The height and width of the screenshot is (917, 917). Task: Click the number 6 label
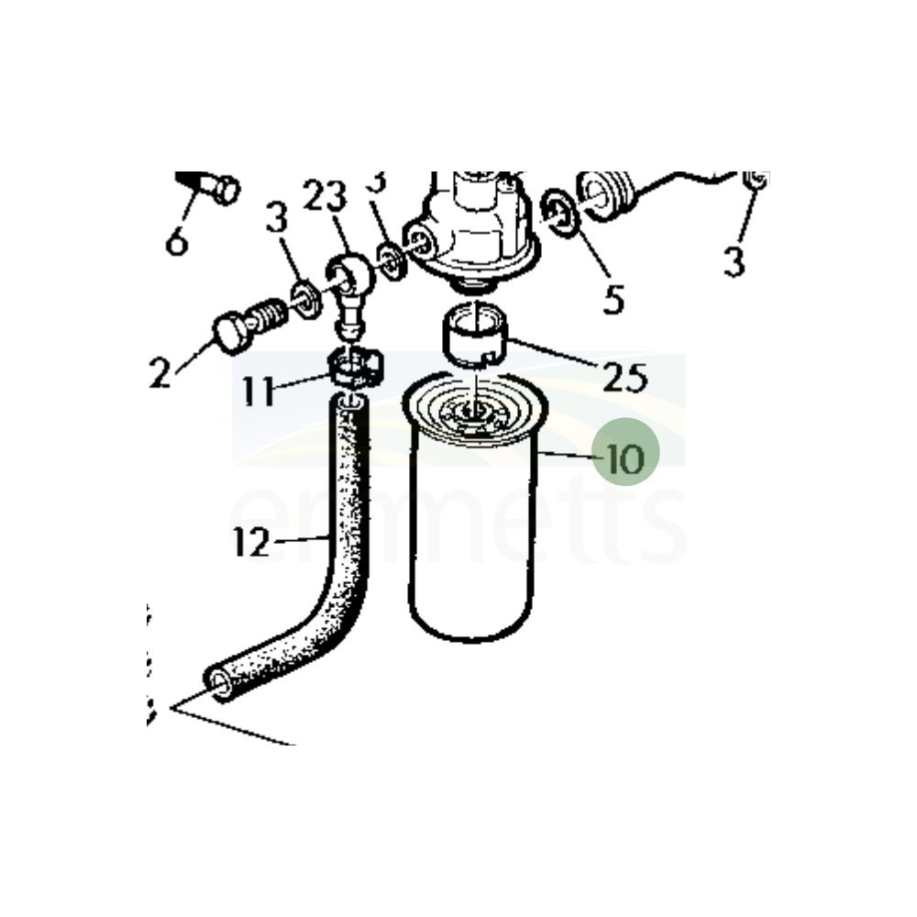click(177, 241)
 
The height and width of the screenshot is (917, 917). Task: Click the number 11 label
click(259, 392)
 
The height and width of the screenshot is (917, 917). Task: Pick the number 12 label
click(250, 543)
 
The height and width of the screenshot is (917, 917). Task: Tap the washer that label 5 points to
click(559, 214)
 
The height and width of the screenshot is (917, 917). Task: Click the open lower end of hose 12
click(220, 683)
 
